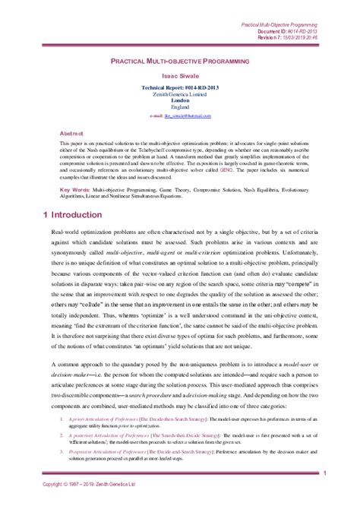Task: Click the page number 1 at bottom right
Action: (x=324, y=474)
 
